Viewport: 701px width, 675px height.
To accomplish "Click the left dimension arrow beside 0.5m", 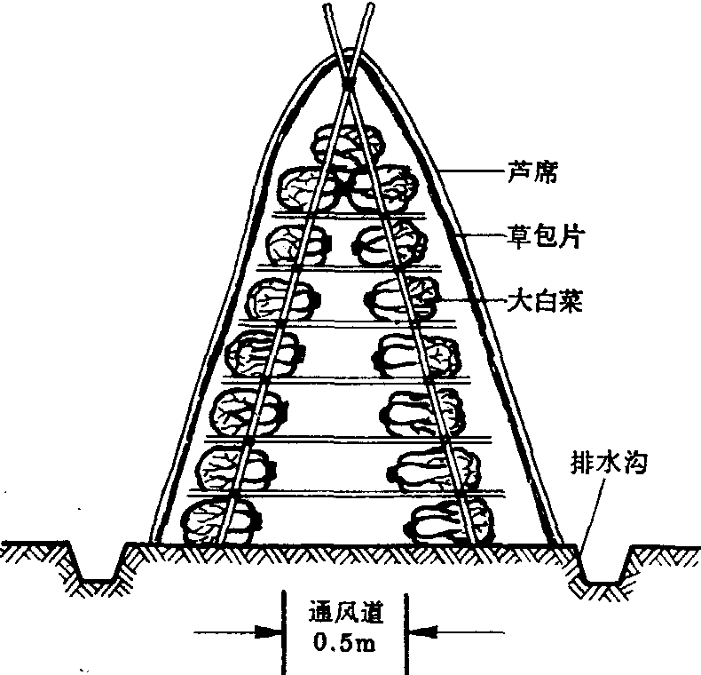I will [266, 634].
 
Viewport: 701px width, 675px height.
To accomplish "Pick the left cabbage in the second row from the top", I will [307, 187].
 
